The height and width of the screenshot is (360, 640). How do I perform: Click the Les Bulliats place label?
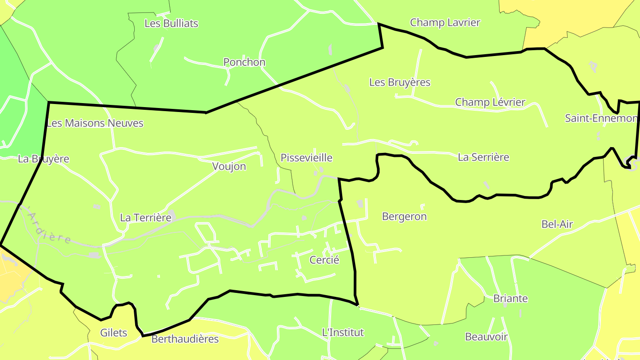tap(171, 23)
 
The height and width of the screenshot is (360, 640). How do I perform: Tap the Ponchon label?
tap(244, 62)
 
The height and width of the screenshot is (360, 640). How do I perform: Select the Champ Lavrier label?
tap(445, 22)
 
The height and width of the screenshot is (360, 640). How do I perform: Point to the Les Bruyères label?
tap(400, 82)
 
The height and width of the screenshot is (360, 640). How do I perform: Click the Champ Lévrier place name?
tap(490, 102)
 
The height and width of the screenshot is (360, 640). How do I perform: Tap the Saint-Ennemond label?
tap(602, 118)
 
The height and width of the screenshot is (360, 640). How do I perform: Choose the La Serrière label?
tap(483, 157)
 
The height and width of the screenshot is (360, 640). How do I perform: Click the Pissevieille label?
tap(306, 157)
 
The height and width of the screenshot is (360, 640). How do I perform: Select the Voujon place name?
tap(229, 166)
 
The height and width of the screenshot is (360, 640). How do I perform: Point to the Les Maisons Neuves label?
tap(95, 123)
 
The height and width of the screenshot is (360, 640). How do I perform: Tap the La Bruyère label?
tap(44, 159)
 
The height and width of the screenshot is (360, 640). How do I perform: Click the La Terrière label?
tap(145, 217)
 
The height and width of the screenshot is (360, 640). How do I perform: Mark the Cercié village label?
tap(324, 260)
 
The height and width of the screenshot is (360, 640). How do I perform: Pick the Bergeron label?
tap(404, 216)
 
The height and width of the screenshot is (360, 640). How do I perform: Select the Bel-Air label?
tap(557, 224)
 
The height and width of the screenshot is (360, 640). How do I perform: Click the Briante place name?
tap(510, 298)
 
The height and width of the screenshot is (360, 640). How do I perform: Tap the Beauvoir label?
tap(486, 336)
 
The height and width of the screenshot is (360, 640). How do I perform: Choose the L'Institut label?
tap(342, 332)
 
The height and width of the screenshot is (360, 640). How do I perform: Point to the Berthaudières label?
tap(185, 339)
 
